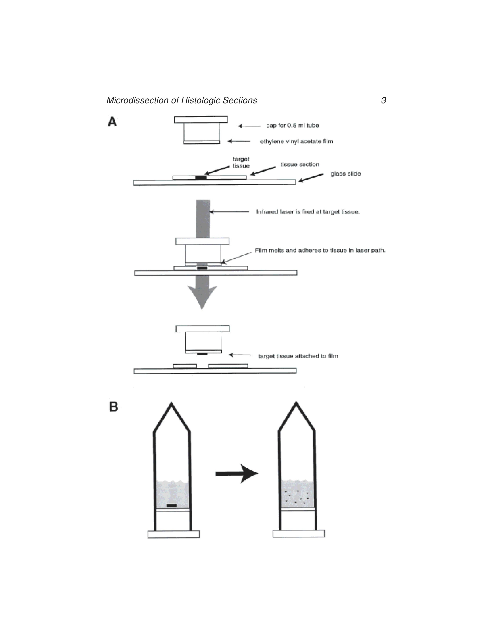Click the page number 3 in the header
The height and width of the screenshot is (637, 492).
[x=384, y=100]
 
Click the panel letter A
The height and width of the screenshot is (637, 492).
[x=112, y=122]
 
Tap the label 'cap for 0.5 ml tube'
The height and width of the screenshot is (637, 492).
[x=292, y=125]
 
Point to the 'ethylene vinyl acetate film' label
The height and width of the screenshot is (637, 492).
[x=296, y=141]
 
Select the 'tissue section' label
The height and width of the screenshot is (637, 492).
[x=300, y=164]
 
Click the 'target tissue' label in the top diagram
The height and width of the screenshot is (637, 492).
[x=241, y=163]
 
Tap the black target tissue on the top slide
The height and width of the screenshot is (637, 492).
[x=201, y=177]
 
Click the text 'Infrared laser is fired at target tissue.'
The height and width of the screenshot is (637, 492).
[x=308, y=212]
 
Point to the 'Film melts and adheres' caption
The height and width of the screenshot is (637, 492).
[x=320, y=250]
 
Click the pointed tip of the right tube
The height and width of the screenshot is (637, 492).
[x=296, y=403]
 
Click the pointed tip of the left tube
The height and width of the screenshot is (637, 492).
[x=171, y=404]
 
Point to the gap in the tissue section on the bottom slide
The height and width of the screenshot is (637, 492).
[x=202, y=366]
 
